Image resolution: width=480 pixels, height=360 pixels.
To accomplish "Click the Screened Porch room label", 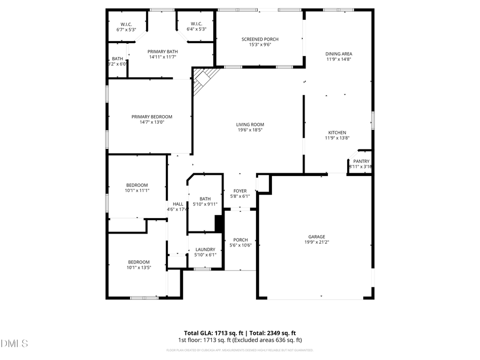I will [260, 39].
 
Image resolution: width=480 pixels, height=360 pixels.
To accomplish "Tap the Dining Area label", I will [339, 54].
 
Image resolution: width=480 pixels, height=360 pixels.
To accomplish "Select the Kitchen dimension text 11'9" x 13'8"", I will [337, 138].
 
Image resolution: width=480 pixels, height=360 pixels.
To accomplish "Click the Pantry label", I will [361, 161].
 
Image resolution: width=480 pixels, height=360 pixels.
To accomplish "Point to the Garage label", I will [316, 237].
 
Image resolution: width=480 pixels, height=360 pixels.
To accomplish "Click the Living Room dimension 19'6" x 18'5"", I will [250, 130].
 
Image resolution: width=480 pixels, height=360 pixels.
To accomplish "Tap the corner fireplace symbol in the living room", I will [204, 80].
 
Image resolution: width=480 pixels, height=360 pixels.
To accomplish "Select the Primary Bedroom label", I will [152, 117].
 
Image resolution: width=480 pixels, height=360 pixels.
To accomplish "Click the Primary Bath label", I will [162, 51].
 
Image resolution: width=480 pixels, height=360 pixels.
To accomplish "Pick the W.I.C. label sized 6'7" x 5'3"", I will [126, 25].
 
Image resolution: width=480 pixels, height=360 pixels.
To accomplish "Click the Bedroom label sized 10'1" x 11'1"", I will [137, 185].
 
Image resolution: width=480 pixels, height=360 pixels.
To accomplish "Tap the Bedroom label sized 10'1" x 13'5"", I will [139, 262].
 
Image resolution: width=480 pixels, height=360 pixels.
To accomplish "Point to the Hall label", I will [178, 204].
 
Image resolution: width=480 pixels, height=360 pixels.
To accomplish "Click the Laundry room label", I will [205, 250].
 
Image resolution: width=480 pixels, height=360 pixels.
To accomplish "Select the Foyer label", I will [240, 191].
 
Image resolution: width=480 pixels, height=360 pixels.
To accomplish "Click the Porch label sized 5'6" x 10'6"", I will [239, 239].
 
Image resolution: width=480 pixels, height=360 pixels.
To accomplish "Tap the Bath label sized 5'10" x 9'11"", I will [205, 199].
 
